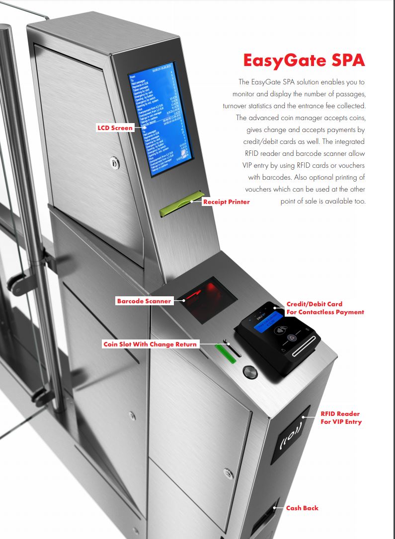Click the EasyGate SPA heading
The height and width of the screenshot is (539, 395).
[304, 61]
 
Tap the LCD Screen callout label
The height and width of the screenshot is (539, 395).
[115, 128]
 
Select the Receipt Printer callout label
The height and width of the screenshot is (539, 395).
[226, 202]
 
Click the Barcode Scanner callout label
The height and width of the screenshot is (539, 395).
[144, 301]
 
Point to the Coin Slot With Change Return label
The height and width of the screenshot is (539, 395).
[150, 344]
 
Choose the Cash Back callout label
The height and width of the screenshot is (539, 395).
[302, 508]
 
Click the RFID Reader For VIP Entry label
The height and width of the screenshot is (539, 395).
[341, 417]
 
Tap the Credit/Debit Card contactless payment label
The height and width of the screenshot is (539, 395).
[325, 308]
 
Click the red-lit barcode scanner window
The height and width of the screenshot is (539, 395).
[209, 297]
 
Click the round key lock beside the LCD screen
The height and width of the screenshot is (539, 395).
[114, 162]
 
